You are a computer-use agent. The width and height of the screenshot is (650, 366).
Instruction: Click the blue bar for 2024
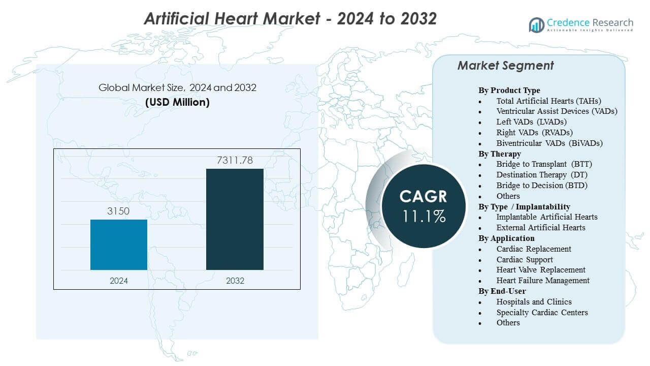point(119,245)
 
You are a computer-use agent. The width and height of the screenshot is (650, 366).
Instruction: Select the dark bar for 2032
point(235,219)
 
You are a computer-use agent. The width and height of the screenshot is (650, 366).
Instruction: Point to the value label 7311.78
point(235,161)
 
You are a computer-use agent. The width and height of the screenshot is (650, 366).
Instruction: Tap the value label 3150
point(119,211)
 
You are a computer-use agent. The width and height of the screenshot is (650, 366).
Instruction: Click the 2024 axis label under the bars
point(119,281)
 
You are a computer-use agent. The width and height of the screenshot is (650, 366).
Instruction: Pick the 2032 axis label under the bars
point(235,281)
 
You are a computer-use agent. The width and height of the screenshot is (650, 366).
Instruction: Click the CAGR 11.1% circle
point(422,206)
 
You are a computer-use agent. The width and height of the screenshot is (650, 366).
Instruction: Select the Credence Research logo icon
point(536,24)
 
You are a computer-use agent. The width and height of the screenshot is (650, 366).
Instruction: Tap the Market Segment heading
point(505,66)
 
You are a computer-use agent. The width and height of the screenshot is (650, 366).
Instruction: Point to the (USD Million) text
point(177,102)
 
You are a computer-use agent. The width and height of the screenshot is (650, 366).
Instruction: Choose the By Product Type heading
point(509,90)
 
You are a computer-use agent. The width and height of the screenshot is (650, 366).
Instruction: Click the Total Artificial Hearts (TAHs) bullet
point(548,101)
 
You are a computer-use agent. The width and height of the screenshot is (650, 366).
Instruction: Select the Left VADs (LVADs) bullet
point(531,122)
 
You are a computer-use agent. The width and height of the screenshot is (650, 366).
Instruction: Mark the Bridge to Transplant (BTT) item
point(544,164)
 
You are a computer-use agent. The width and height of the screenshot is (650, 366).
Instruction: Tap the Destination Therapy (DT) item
point(542,175)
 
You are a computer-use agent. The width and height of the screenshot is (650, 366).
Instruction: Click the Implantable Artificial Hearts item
point(547,217)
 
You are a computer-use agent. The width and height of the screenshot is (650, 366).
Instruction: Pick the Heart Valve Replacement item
point(541,270)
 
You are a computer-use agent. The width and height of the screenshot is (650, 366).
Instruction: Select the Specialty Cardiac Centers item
point(542,312)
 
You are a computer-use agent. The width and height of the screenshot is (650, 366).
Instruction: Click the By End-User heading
point(502,291)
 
